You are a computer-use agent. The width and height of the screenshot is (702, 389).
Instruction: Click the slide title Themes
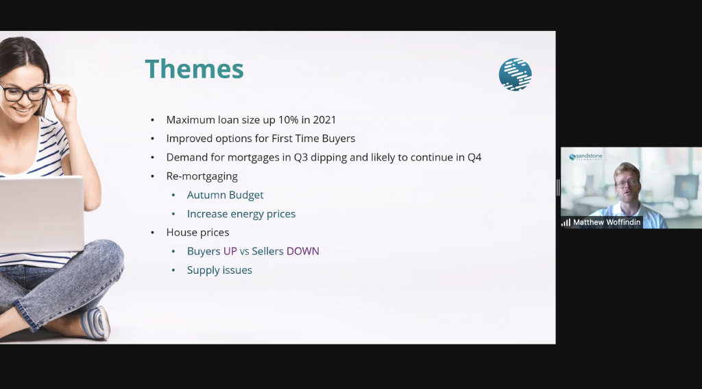point(194,69)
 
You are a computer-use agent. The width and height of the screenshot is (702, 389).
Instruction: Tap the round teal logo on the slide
point(516,74)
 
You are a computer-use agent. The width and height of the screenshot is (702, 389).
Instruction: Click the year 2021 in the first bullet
point(324,119)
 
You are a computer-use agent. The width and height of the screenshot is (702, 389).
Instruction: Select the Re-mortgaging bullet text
point(202,176)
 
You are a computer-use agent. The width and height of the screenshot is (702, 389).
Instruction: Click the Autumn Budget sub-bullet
point(225,195)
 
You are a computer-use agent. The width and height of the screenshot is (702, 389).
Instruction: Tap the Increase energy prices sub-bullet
point(241,214)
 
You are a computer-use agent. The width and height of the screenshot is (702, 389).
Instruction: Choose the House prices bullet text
point(197,232)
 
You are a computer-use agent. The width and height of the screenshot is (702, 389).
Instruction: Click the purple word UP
point(230,251)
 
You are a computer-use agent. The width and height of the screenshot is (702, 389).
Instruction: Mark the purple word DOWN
point(302,251)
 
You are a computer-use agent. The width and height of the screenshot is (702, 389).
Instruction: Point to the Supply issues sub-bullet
point(219,270)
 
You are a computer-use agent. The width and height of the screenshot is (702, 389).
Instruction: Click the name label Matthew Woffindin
point(607,222)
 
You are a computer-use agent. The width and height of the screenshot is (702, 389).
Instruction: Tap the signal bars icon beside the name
point(566,222)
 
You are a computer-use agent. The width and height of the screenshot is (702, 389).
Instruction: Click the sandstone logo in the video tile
point(585,157)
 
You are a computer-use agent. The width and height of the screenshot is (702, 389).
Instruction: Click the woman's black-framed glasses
point(23,93)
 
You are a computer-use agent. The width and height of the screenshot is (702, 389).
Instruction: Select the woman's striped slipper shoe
point(96,322)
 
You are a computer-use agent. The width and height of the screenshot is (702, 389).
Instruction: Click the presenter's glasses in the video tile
point(627,183)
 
